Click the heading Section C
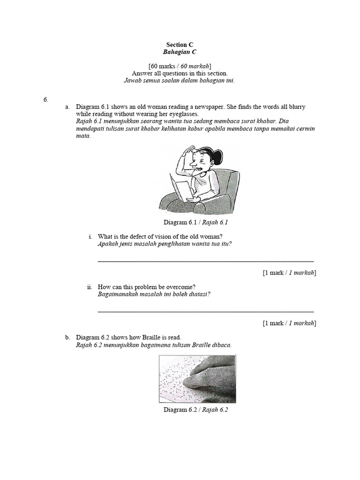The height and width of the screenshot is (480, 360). point(180,45)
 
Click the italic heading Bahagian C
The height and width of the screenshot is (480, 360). point(180,52)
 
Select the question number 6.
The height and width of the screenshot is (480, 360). point(46,99)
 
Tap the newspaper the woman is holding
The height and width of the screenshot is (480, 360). point(181,190)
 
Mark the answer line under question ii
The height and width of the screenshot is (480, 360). point(206,311)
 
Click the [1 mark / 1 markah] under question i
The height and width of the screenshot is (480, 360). point(289,273)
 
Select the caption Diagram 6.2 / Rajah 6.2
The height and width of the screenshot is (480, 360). point(196,410)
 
